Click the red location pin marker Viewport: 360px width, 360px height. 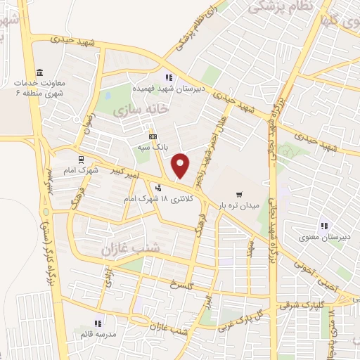pyautogui.click(x=181, y=165)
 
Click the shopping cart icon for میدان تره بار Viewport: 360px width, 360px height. pyautogui.click(x=240, y=193)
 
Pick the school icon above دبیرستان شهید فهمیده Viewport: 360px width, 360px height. pyautogui.click(x=168, y=77)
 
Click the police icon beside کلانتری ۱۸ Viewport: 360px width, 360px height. pyautogui.click(x=159, y=188)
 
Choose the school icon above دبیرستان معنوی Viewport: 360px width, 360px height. pyautogui.click(x=324, y=226)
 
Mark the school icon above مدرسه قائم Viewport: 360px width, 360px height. pyautogui.click(x=98, y=323)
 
